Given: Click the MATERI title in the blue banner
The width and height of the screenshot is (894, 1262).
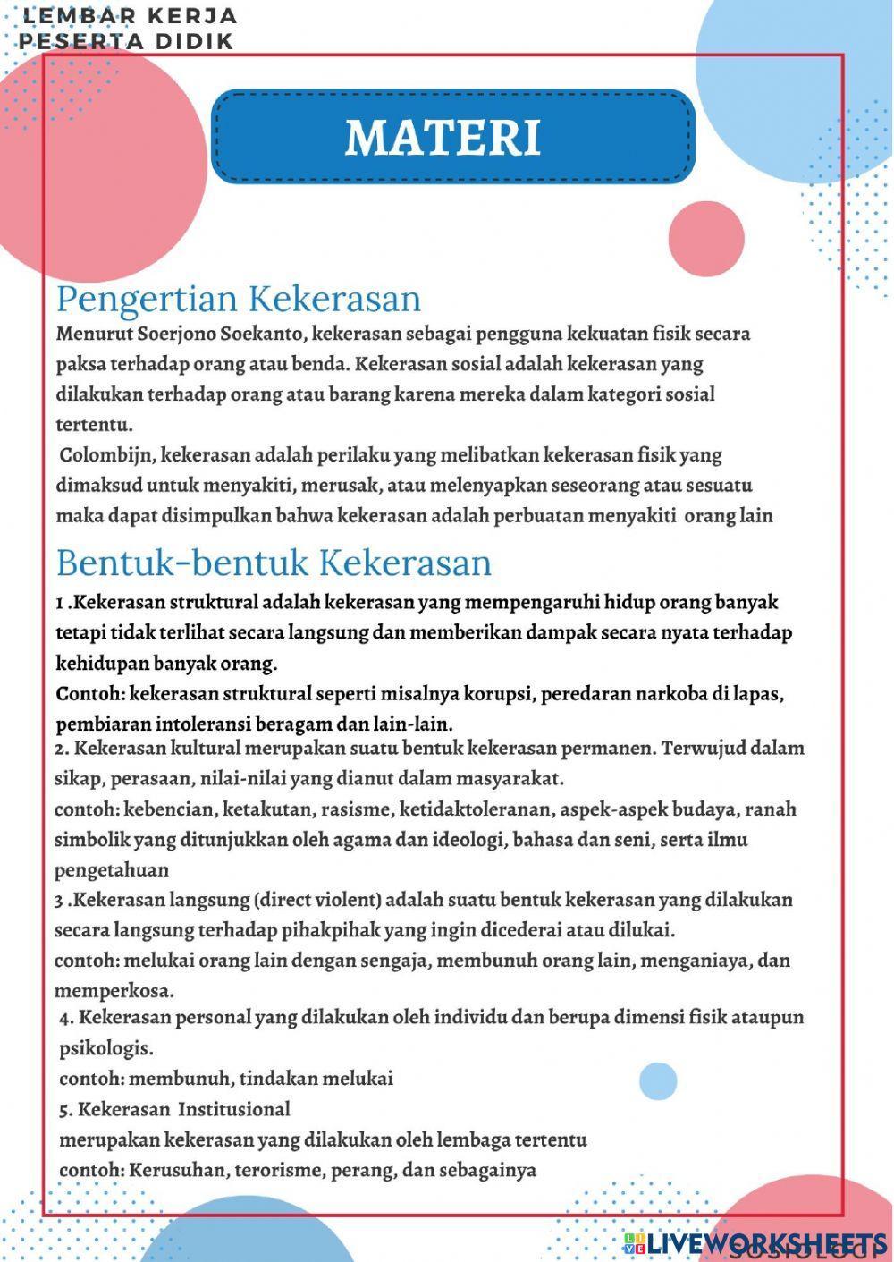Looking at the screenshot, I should (x=443, y=138).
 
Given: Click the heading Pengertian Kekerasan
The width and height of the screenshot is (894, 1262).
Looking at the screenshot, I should (x=239, y=299).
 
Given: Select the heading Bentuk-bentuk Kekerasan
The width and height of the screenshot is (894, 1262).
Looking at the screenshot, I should (x=274, y=563).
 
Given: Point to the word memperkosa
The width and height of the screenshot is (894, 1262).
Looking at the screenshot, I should (x=114, y=991).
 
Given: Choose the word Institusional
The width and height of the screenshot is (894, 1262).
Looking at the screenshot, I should (x=234, y=1109).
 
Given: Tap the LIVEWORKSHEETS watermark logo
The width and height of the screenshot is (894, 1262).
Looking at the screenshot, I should (x=755, y=1243).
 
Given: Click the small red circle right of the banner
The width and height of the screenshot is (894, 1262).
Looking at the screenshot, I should (x=706, y=240).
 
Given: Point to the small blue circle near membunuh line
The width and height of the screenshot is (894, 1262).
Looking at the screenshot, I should (x=658, y=1081).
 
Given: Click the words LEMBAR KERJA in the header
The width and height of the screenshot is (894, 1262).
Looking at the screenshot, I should (x=130, y=16).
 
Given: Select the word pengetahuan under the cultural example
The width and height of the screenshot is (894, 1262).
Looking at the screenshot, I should (x=112, y=870).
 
